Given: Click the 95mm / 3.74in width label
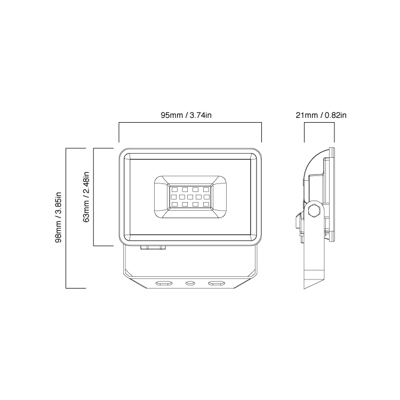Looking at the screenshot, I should click(190, 115).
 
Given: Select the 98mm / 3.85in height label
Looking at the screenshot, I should click(59, 217).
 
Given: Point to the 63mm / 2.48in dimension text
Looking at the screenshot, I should click(86, 196).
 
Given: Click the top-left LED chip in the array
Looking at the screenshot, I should click(174, 189).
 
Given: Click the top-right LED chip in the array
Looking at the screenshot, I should click(206, 189).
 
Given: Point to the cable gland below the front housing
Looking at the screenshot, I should click(153, 247).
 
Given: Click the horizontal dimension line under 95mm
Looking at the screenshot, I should click(190, 123).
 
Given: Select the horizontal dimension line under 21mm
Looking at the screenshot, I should click(319, 123).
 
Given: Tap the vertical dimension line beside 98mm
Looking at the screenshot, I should click(66, 217).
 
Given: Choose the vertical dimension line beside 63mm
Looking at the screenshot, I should click(94, 196).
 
